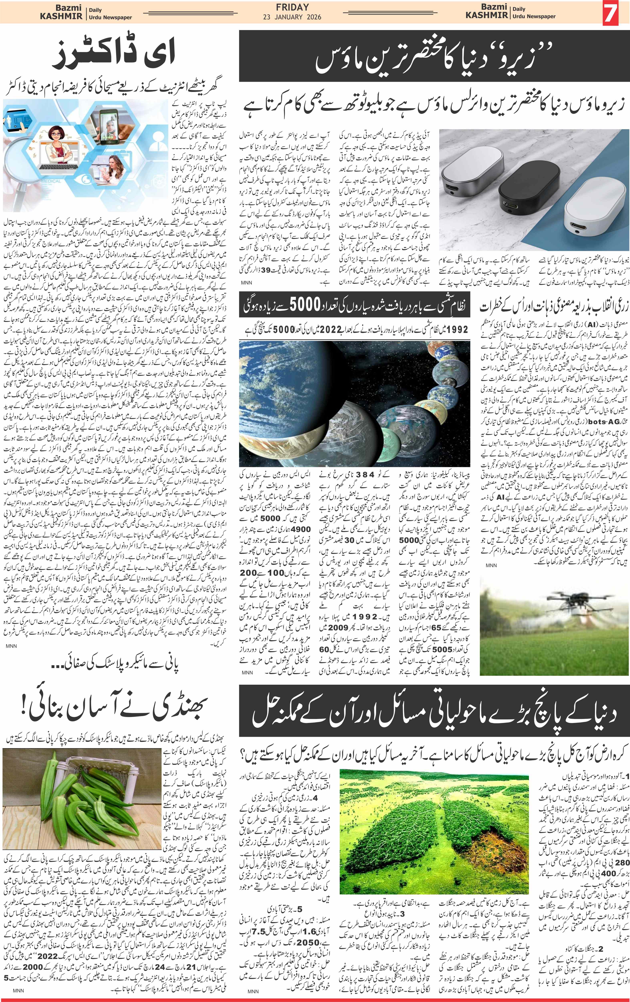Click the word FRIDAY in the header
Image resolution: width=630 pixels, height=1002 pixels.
[295, 7]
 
